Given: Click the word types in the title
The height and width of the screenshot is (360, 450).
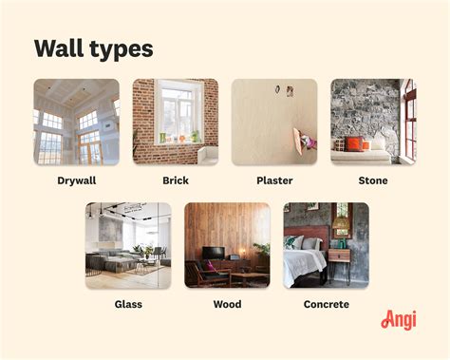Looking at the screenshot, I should [x=120, y=50].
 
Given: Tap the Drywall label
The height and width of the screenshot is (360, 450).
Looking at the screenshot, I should [x=77, y=180].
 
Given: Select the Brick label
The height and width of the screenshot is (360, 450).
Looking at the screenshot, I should [x=175, y=180].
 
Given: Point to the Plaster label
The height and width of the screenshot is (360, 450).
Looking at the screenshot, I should [x=274, y=180].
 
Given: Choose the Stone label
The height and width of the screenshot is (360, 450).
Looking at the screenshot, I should [x=373, y=180].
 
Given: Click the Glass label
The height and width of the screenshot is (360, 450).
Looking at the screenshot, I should [x=128, y=304].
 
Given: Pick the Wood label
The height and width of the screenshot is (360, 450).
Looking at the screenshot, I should [x=227, y=304].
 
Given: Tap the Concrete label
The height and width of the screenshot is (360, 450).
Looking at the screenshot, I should [x=326, y=304].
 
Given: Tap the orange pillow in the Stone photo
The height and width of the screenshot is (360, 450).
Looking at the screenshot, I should [x=354, y=144].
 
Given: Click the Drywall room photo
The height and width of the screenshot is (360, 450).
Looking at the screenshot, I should [x=77, y=122].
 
